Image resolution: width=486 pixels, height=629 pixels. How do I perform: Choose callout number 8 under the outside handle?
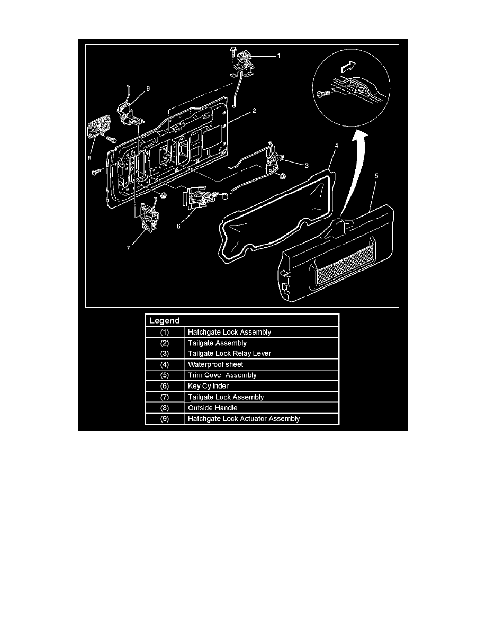click(x=89, y=157)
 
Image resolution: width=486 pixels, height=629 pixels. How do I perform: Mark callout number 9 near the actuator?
click(x=148, y=89)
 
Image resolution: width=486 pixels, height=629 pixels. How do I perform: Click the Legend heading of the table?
click(x=165, y=321)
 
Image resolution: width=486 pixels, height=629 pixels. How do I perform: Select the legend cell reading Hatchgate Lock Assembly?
click(x=229, y=332)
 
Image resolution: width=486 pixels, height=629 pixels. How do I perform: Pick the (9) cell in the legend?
click(x=165, y=418)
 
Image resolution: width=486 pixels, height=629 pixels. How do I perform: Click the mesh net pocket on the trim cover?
click(x=345, y=268)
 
